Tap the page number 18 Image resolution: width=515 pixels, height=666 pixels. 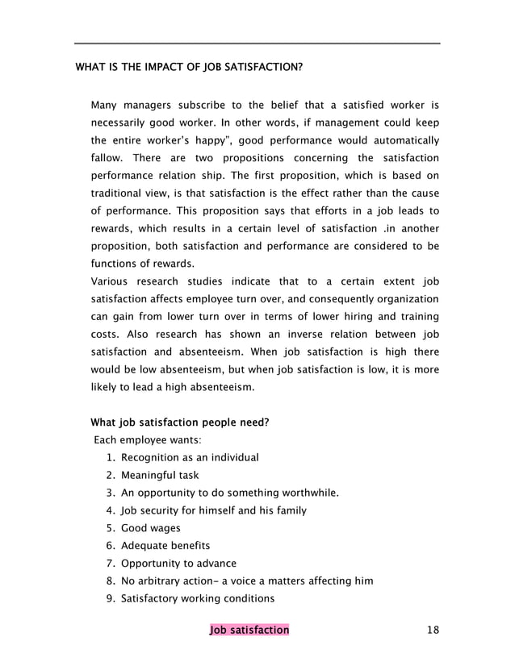pyautogui.click(x=433, y=630)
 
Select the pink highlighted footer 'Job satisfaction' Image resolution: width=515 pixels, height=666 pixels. pyautogui.click(x=248, y=630)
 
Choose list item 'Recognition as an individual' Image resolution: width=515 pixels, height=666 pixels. pyautogui.click(x=189, y=457)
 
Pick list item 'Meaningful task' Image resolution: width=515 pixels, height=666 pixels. pyautogui.click(x=159, y=475)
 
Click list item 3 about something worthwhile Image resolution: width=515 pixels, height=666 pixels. pyautogui.click(x=229, y=493)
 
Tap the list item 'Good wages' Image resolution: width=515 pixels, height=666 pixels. pyautogui.click(x=150, y=528)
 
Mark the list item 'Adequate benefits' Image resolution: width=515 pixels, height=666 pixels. pyautogui.click(x=165, y=546)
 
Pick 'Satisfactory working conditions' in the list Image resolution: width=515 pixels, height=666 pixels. pyautogui.click(x=197, y=598)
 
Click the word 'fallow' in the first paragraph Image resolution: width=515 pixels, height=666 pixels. pyautogui.click(x=105, y=156)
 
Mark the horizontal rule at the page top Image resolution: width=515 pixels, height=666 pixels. pyautogui.click(x=257, y=44)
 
